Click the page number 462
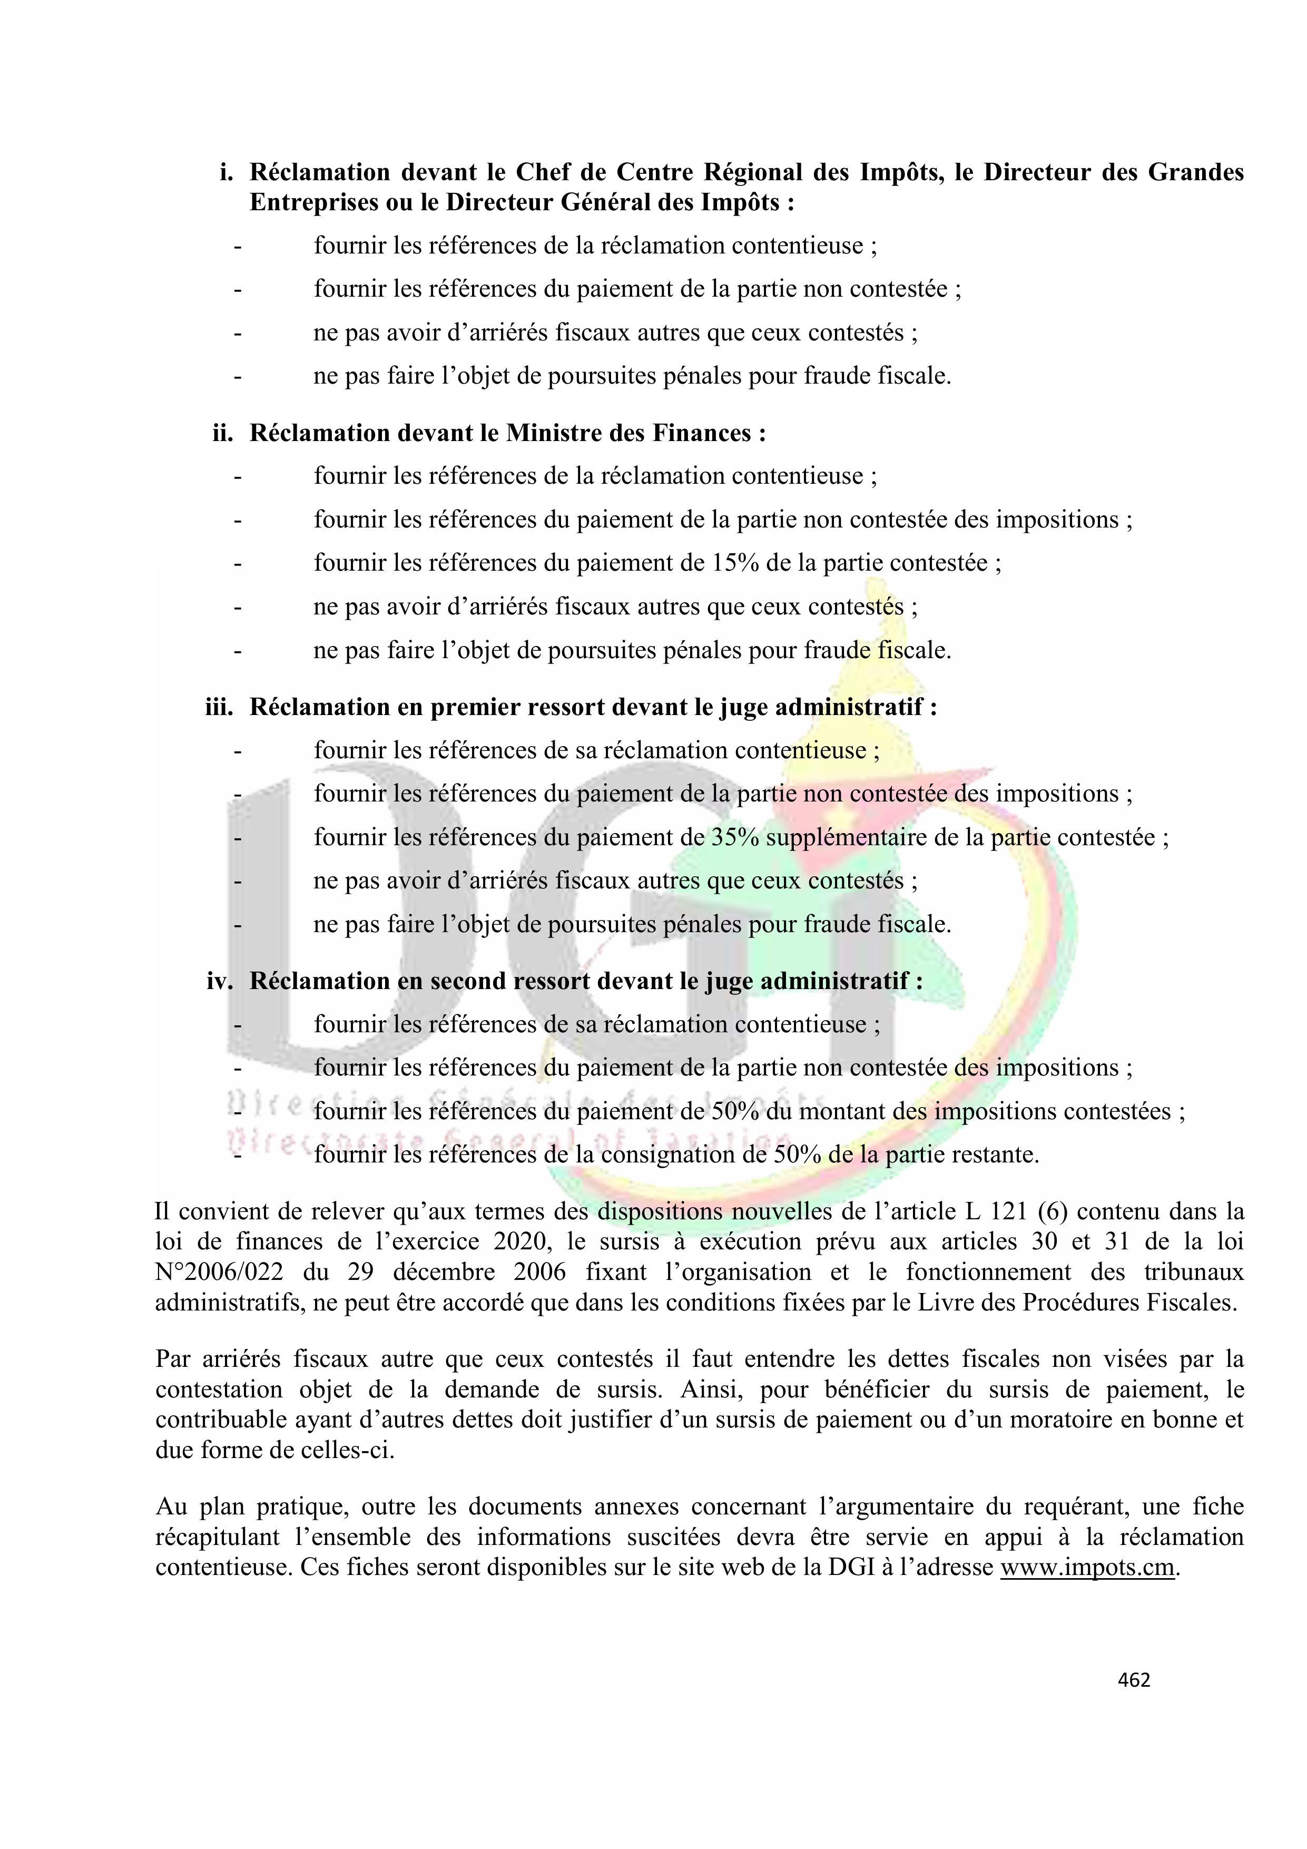1134,1679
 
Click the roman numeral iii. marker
219,707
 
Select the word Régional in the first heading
754,172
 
